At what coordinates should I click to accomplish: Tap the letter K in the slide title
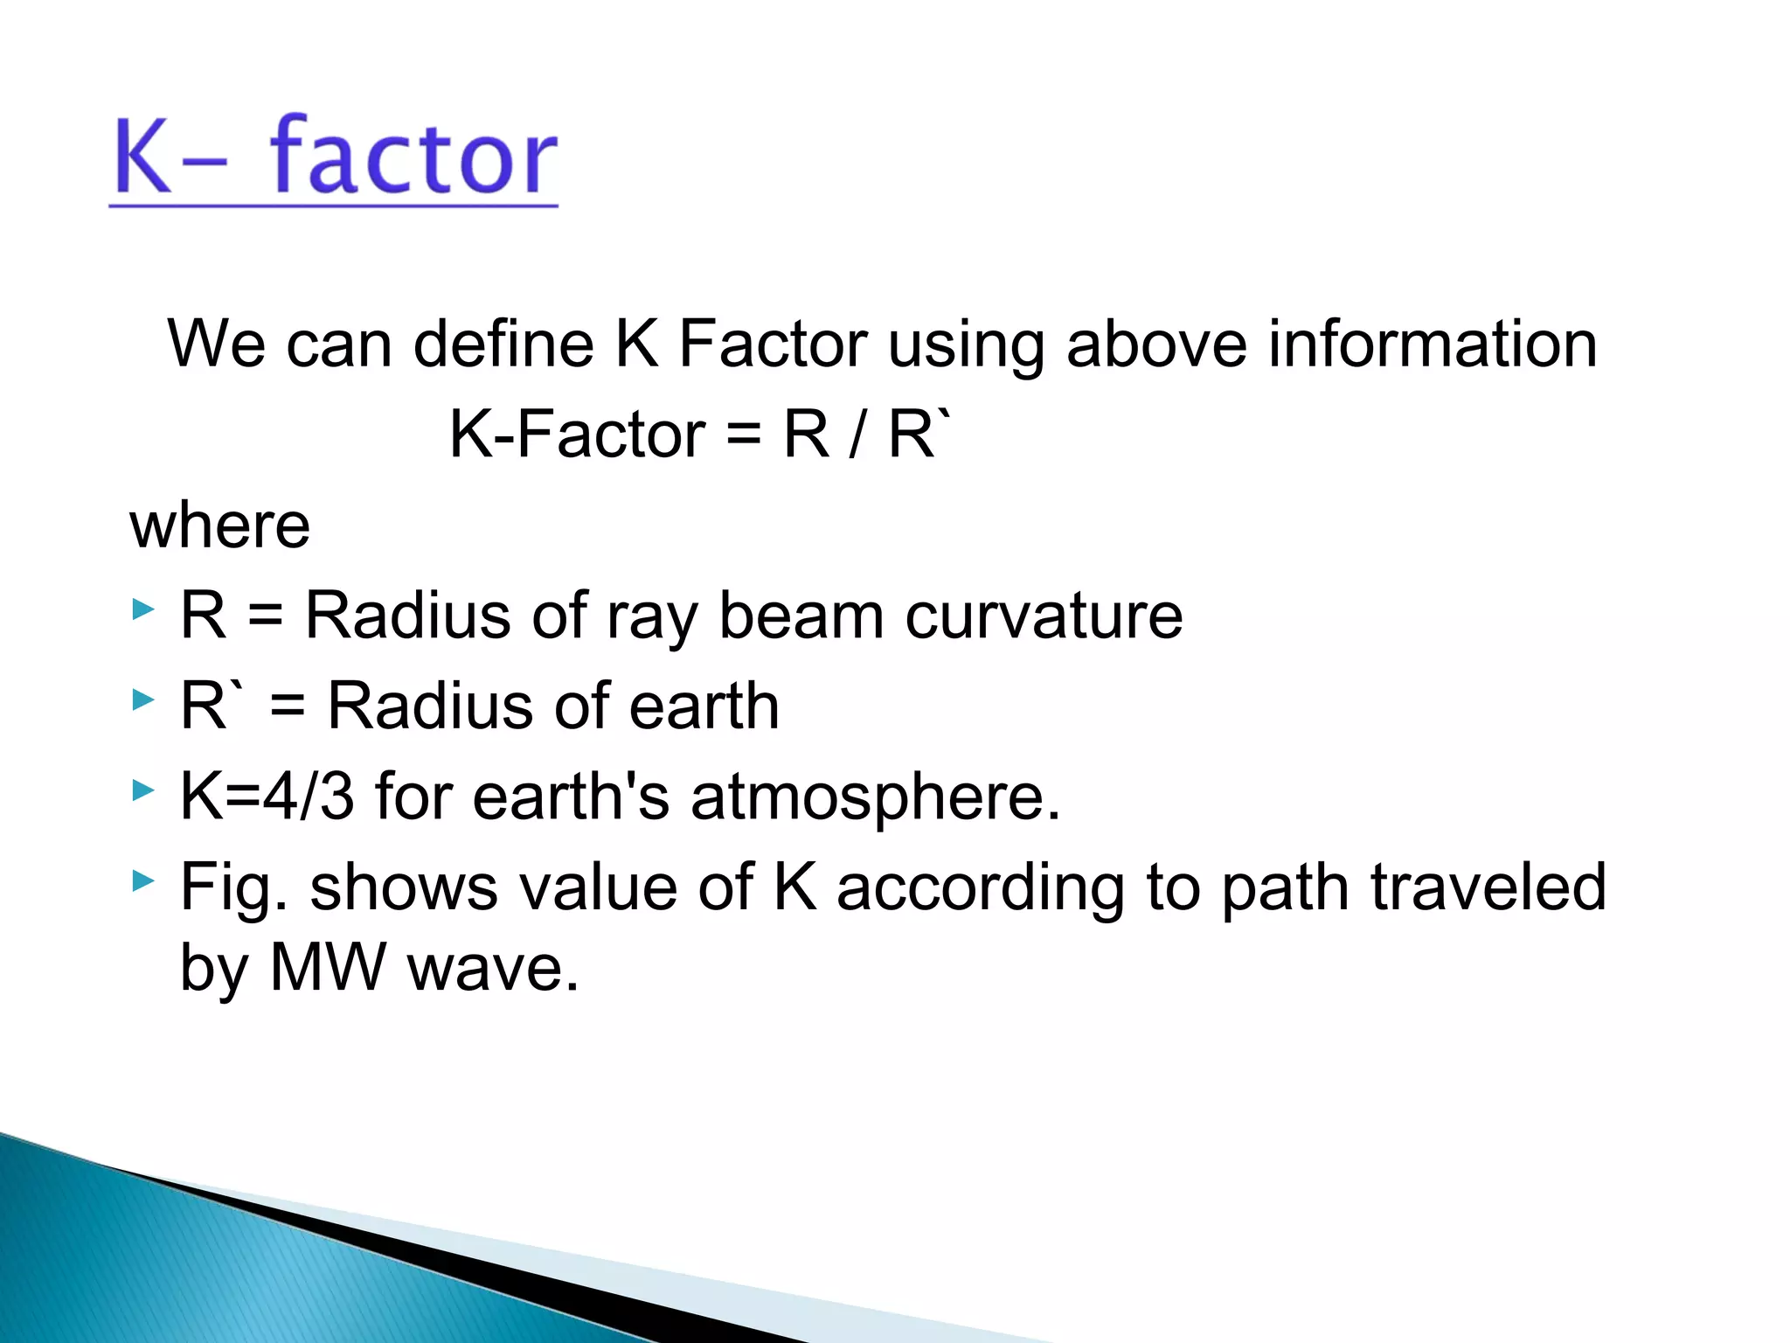[142, 157]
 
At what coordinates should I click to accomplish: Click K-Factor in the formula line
[577, 435]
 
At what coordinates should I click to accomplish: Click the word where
[220, 526]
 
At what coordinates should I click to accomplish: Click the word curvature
[1044, 616]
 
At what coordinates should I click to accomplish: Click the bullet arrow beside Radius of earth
[142, 699]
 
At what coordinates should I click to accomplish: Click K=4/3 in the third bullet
[267, 797]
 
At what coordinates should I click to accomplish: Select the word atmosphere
[874, 798]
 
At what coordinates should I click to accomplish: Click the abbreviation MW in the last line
[328, 968]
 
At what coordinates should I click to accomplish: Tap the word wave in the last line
[493, 970]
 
